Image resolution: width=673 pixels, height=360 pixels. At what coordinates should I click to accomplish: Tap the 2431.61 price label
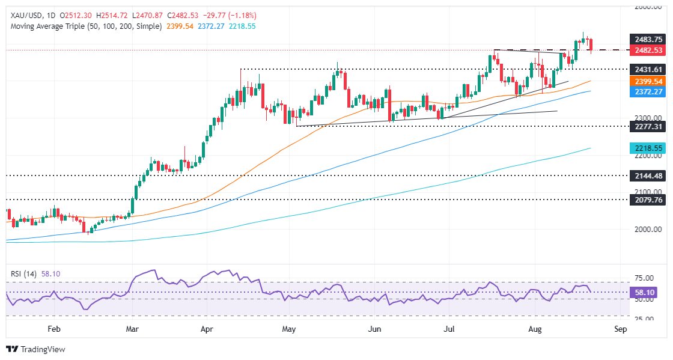(x=646, y=69)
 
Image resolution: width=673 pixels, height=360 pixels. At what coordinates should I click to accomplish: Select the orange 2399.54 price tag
(x=646, y=81)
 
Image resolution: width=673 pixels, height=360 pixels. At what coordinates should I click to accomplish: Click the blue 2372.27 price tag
(x=646, y=91)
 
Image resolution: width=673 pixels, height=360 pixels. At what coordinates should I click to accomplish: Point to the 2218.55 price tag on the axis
(x=646, y=148)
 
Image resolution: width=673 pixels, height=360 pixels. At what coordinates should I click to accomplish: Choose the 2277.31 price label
(x=646, y=127)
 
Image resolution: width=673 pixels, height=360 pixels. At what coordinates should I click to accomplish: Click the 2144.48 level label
(x=646, y=175)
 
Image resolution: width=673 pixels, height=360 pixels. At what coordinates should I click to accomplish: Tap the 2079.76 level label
(x=646, y=200)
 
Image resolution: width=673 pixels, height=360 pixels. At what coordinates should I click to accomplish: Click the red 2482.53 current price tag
(x=646, y=50)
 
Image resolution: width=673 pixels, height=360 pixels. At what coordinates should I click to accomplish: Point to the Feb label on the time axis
(x=54, y=329)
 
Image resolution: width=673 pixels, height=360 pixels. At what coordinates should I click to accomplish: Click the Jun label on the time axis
(x=374, y=329)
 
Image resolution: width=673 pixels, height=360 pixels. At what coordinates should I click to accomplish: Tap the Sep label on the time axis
(x=620, y=329)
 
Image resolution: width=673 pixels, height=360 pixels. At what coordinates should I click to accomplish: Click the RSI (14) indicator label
(x=23, y=273)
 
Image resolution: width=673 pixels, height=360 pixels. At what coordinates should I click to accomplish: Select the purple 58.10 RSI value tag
(x=646, y=292)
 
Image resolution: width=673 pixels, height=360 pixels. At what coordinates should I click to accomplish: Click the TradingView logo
(x=36, y=349)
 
